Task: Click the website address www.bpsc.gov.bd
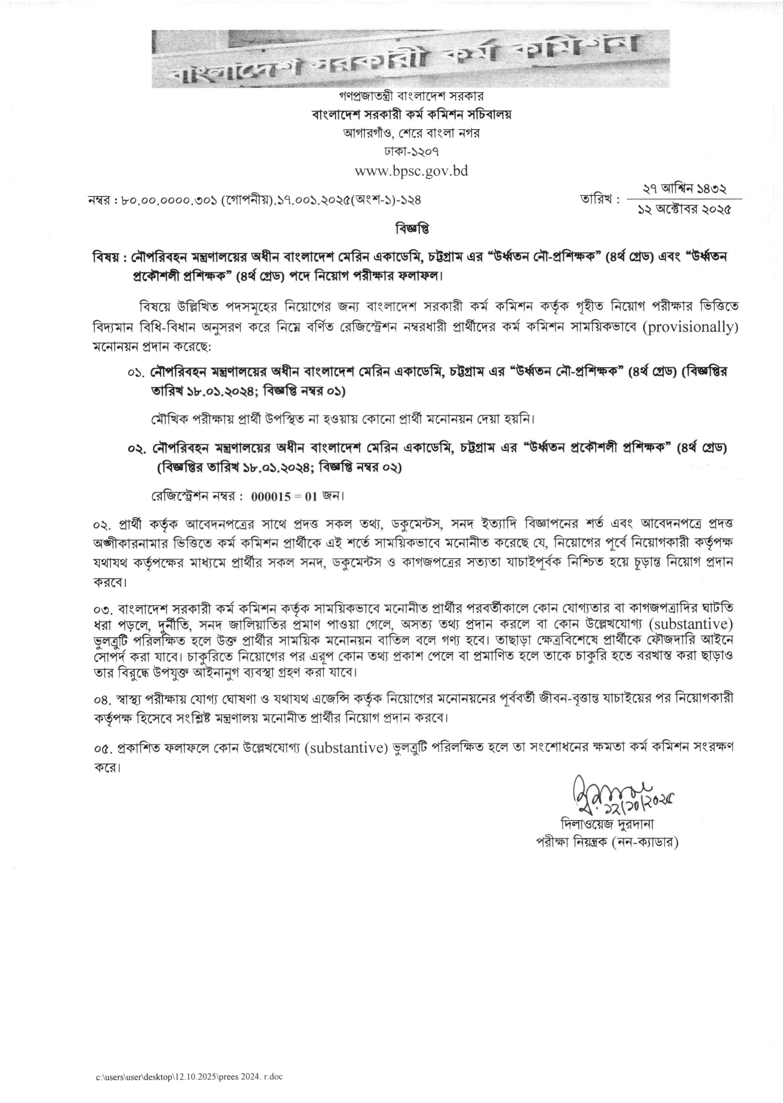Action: [411, 171]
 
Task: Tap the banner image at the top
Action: [410, 59]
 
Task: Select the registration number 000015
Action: [271, 496]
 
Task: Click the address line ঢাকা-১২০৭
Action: [411, 151]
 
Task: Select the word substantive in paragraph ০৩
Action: [690, 624]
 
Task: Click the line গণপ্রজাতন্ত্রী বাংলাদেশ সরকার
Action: [411, 97]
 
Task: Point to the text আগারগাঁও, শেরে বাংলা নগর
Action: [411, 133]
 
